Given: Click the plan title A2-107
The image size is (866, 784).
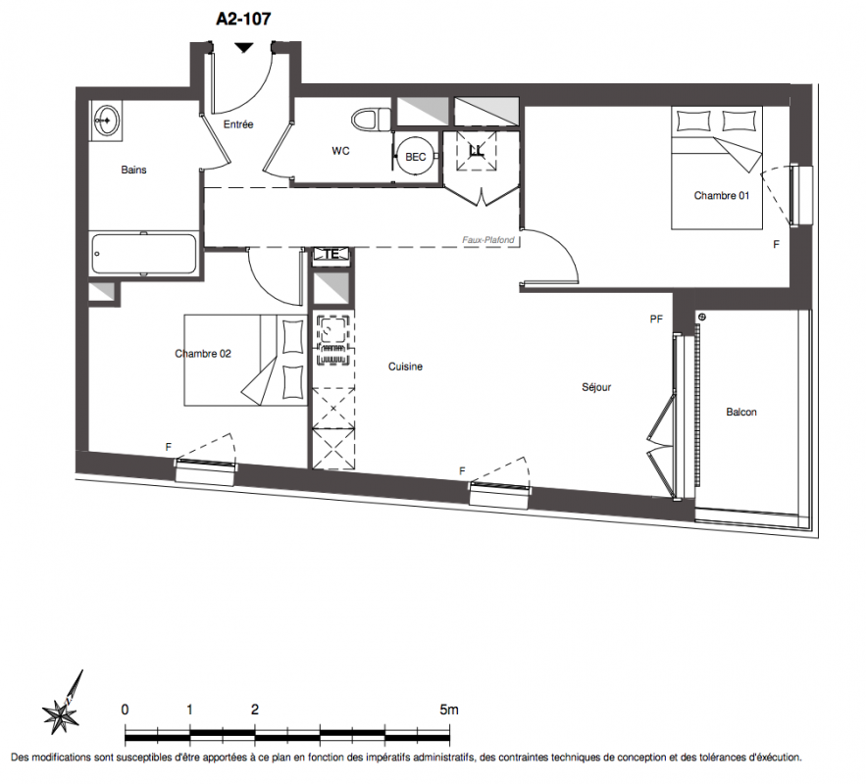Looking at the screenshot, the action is pos(243,19).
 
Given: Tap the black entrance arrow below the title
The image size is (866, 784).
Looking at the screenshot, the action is pos(243,48).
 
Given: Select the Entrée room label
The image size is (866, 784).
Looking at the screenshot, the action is pos(238,124).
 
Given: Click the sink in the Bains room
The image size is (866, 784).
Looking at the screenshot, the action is pos(106,120).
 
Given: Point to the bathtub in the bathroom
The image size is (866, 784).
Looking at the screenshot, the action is pos(143,254).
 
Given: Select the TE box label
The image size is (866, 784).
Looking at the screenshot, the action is pos(331,255).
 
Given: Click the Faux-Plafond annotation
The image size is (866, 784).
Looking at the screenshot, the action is pos(488,240).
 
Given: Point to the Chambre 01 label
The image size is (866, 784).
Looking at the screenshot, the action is pos(721,195).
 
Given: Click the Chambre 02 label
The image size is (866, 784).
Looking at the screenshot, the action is pos(203,354).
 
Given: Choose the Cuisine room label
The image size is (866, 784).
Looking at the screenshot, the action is pos(405,367).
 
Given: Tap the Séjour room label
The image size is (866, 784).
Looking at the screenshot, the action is pos(596,387).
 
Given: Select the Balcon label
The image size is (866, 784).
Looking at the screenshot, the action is pos(741,412).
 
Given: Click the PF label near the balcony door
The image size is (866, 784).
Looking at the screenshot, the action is pos(656,318).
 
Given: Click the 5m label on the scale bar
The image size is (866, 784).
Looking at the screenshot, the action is pos(449,710).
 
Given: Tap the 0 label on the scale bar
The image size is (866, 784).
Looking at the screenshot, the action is pos(125,710).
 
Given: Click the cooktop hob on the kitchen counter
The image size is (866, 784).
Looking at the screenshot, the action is pos(333,340).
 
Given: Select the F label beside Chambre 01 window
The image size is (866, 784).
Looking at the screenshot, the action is pos(776,244).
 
